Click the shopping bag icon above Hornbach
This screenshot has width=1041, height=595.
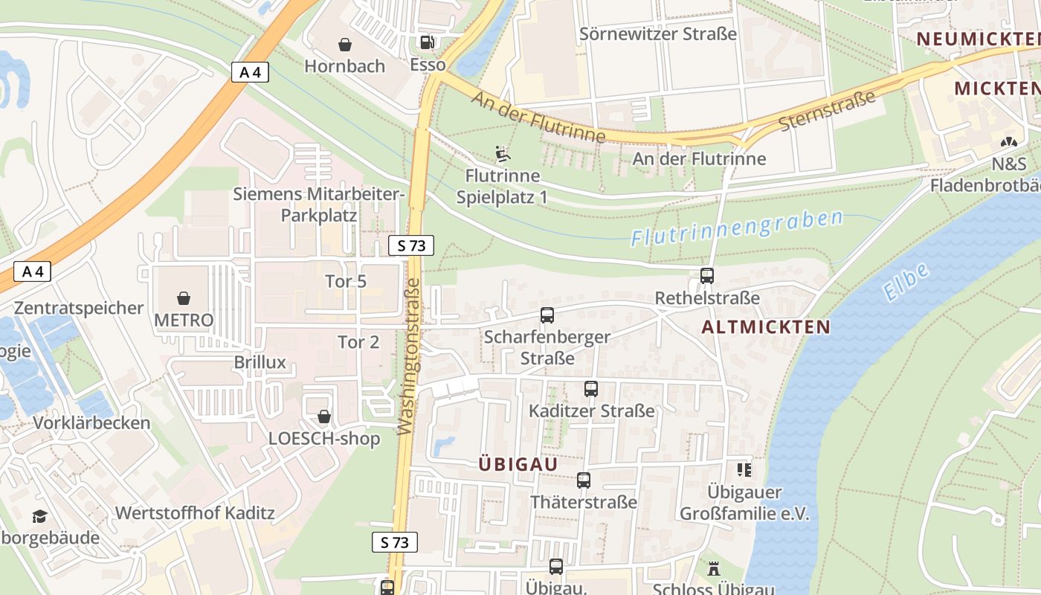[344, 45]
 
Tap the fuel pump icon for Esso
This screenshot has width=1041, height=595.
[427, 43]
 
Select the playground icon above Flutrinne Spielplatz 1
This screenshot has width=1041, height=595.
[503, 154]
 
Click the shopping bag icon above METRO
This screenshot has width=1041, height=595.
[184, 299]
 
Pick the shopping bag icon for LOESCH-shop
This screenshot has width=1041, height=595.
[324, 416]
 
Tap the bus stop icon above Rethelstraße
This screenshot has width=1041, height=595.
[706, 276]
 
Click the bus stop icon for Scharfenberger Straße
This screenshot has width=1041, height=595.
[547, 315]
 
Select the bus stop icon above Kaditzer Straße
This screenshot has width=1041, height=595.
[591, 389]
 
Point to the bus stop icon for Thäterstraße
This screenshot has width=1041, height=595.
[584, 480]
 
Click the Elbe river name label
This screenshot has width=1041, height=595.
[907, 282]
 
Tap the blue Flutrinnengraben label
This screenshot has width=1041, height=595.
[737, 228]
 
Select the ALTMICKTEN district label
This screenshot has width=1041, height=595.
[766, 327]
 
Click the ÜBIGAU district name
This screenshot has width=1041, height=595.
[518, 464]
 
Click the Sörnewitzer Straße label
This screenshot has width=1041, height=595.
[658, 34]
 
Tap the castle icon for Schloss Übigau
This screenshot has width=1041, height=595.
[714, 570]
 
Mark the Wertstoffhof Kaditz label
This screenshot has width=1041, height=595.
[195, 513]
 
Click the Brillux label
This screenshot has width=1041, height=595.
[260, 363]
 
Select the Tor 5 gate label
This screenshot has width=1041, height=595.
[346, 282]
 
